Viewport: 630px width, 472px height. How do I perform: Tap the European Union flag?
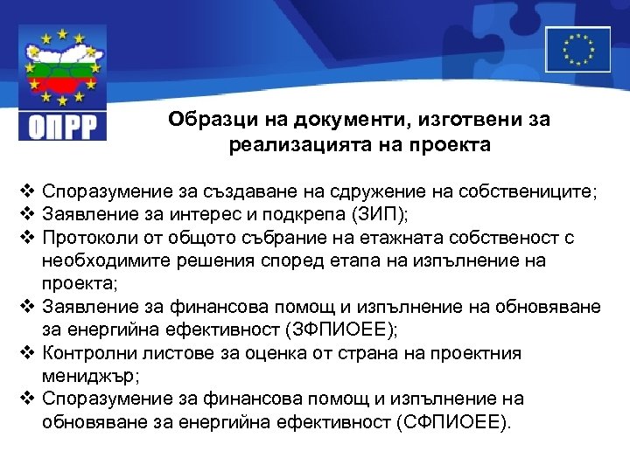tap(577, 49)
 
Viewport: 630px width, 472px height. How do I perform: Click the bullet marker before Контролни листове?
tap(25, 353)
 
